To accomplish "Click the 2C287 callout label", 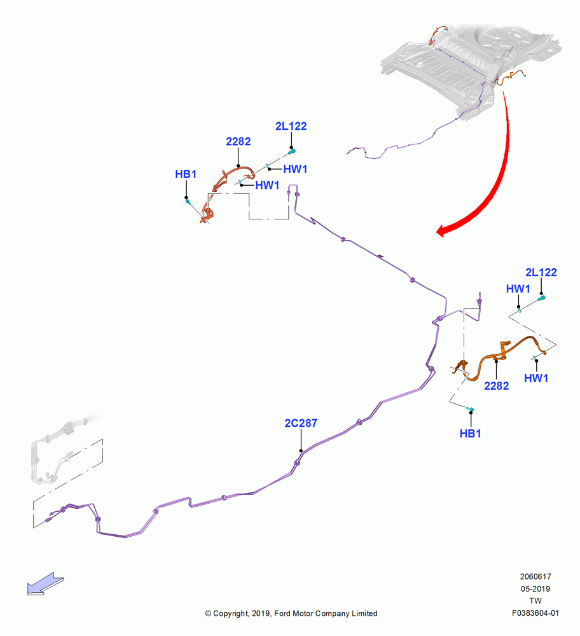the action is (x=301, y=423).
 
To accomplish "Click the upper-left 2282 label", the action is (x=238, y=142).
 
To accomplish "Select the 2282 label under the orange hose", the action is (x=497, y=386).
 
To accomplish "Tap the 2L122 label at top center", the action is (x=291, y=126).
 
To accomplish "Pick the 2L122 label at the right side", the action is (x=541, y=272).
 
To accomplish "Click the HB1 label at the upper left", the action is (x=186, y=174).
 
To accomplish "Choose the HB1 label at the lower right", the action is (x=471, y=434).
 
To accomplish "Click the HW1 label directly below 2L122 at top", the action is (x=295, y=169).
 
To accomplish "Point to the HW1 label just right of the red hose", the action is (x=267, y=185).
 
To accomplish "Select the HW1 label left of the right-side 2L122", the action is (x=518, y=289).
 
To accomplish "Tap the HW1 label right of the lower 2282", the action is (x=536, y=378).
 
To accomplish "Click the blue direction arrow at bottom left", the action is (x=45, y=584).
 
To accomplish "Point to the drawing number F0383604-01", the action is (x=535, y=613).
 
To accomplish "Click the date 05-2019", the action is (x=535, y=589).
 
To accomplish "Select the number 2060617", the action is (x=535, y=577).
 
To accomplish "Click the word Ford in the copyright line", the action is (x=283, y=614).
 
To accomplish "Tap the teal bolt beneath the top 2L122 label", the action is (x=292, y=152).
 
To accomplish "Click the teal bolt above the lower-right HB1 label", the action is (x=470, y=408).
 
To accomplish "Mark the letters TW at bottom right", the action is (x=535, y=601).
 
